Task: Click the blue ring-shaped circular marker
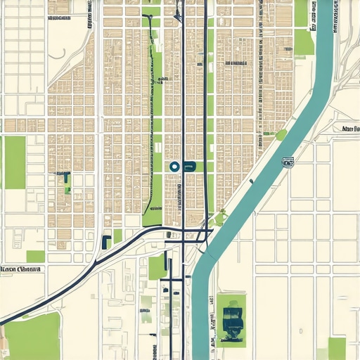tap(174, 167)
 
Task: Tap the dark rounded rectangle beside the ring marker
tap(188, 167)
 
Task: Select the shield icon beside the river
tap(288, 162)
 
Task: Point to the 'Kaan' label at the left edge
tap(22, 269)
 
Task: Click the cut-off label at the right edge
tap(349, 129)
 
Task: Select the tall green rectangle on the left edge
tap(15, 162)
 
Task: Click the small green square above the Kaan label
tap(35, 256)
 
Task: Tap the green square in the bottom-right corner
tap(337, 347)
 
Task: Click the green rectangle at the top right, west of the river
tap(304, 42)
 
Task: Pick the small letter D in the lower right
tap(301, 329)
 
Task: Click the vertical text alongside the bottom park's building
tap(211, 320)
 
